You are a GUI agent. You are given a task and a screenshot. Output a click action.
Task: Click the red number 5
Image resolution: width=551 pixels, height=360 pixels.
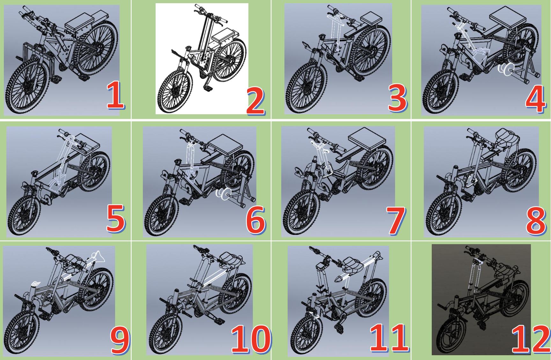point(115,219)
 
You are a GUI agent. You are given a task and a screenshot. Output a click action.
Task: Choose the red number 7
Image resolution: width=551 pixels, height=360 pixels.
point(395,220)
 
